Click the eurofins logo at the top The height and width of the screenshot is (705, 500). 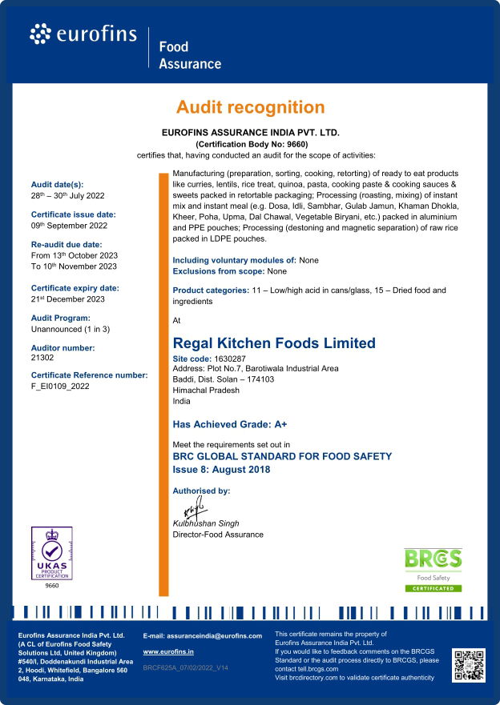[x=83, y=34]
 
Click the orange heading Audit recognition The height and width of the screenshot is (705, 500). [x=250, y=107]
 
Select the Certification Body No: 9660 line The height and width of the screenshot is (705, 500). [x=250, y=143]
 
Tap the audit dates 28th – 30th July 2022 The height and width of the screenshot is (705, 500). [x=67, y=195]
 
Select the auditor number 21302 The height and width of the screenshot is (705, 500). [x=42, y=358]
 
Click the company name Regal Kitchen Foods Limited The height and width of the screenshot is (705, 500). [x=274, y=343]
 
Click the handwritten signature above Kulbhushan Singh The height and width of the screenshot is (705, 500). [x=193, y=508]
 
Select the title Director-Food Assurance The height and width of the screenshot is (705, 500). [x=218, y=535]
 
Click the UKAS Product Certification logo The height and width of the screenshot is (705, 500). [x=51, y=553]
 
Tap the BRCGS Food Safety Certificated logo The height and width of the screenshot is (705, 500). [x=432, y=569]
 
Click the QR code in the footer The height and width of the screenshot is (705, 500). [x=469, y=664]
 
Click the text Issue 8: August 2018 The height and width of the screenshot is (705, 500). [x=222, y=470]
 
